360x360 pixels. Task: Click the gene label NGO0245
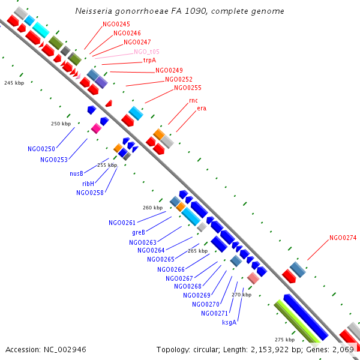pos(116,24)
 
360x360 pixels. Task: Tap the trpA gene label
pos(149,61)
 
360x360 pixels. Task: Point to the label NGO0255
pos(188,88)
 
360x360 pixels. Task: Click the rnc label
pos(193,100)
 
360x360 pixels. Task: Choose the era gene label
pos(202,108)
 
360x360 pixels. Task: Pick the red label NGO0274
pos(343,238)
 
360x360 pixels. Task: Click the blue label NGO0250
pos(41,148)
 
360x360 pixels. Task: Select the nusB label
pos(76,173)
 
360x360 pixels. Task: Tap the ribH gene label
pos(88,183)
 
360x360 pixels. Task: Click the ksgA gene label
pos(229,322)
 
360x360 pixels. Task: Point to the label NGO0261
pos(122,223)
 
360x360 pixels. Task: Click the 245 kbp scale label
pos(13,83)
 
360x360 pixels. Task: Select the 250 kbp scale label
pos(61,124)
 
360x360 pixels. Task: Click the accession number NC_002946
pos(65,349)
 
